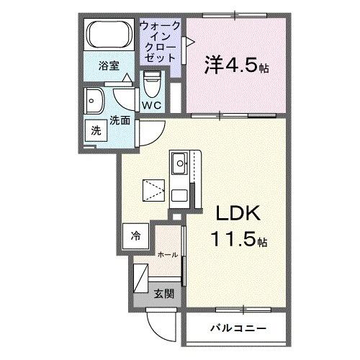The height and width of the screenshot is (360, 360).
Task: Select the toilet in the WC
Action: coord(151,84)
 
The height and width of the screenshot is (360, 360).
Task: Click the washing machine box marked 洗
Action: coord(95,132)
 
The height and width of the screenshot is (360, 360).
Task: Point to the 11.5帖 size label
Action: coord(238,238)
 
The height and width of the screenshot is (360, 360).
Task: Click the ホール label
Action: coord(168,255)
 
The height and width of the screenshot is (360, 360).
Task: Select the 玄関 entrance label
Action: coord(163,293)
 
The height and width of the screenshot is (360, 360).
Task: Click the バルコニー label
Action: coord(238,328)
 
